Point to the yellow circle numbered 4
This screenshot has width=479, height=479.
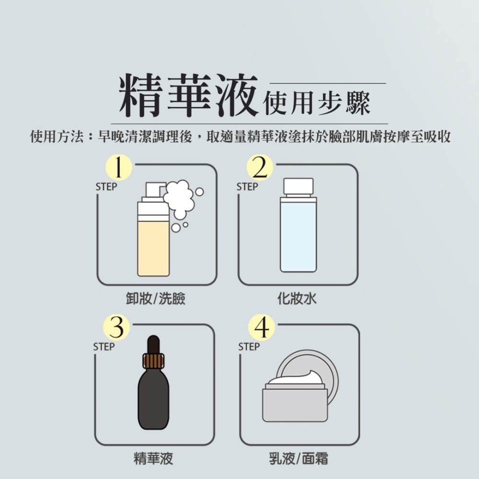[261, 328]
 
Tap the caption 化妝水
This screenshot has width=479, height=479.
[297, 299]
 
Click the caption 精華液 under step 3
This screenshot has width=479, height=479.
[153, 459]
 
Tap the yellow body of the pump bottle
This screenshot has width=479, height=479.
[153, 249]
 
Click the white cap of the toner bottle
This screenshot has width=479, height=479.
[298, 186]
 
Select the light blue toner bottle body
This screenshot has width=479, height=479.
[298, 237]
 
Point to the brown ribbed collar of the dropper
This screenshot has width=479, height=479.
[153, 361]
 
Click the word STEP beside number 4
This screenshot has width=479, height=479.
[249, 347]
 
